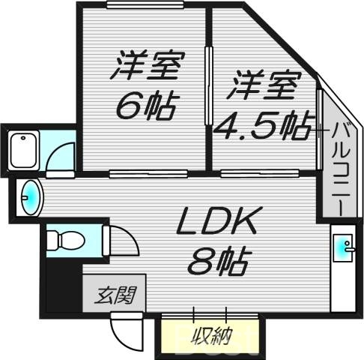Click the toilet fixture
click(63, 240)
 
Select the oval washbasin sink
click(28, 197)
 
